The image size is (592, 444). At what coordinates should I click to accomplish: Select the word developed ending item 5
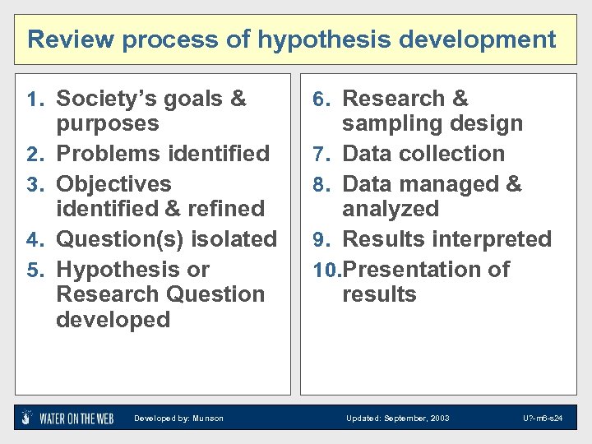coord(113,319)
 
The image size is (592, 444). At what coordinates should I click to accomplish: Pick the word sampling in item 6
coord(388,124)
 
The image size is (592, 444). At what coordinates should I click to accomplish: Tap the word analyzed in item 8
coord(391,209)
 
